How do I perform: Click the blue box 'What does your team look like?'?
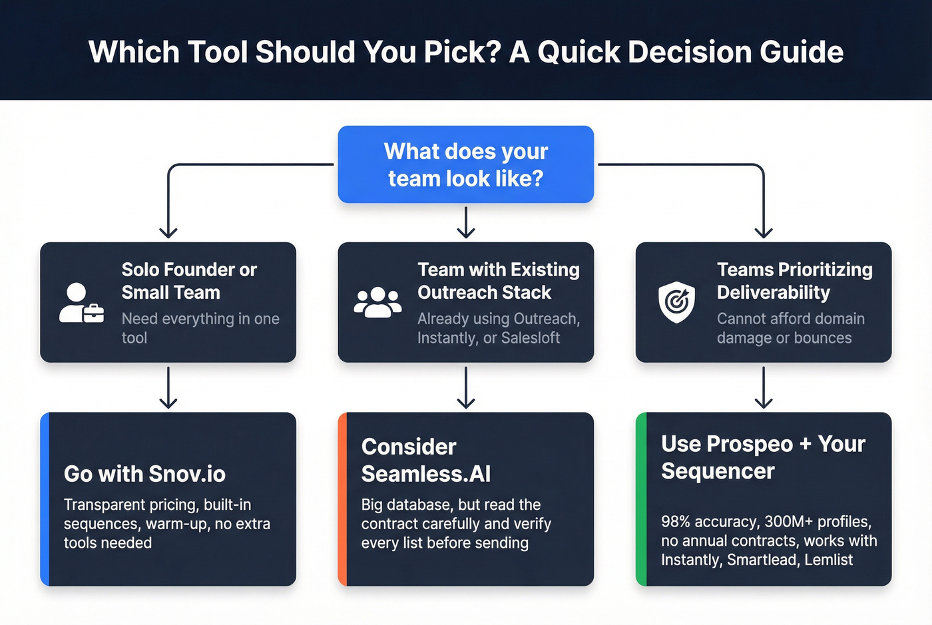click(465, 164)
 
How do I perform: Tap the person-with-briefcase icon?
click(81, 303)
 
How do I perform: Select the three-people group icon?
click(377, 302)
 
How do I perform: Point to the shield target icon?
click(676, 302)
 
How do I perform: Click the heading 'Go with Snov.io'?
click(144, 474)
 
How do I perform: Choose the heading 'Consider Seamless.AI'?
click(425, 460)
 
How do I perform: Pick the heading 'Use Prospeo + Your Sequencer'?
click(763, 457)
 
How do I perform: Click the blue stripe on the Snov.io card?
click(45, 499)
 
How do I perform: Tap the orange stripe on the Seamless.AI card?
click(342, 499)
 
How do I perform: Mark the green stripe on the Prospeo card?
click(640, 499)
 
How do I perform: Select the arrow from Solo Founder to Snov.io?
click(168, 387)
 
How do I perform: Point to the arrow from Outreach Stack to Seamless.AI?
click(466, 387)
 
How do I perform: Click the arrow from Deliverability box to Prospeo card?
click(764, 387)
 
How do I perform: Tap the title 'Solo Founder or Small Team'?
click(188, 281)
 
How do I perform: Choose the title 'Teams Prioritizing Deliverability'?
click(794, 281)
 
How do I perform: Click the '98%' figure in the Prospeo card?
click(676, 521)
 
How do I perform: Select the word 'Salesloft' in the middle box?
click(530, 338)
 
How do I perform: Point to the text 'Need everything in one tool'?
click(200, 328)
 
